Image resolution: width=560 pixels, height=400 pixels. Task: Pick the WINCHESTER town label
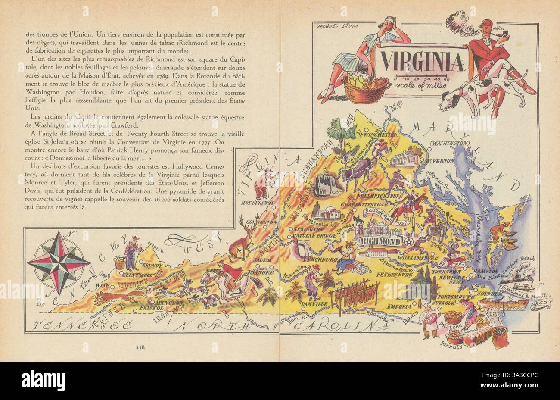click(382, 134)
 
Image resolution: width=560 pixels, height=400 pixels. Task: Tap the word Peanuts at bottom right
click(451, 346)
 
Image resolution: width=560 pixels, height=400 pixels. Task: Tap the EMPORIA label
click(400, 307)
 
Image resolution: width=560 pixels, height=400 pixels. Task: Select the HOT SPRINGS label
click(257, 202)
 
